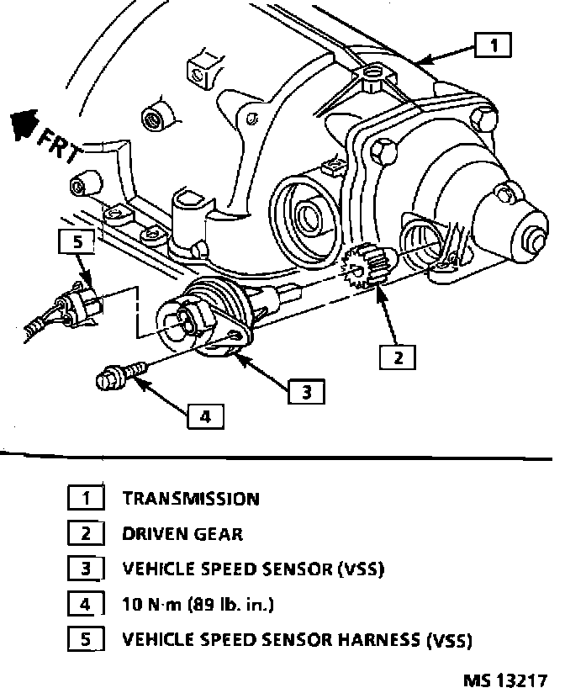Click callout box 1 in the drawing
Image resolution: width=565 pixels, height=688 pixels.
493,45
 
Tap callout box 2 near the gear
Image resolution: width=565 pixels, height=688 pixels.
397,357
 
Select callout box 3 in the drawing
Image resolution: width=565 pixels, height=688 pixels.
306,390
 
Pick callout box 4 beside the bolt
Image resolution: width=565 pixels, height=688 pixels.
205,415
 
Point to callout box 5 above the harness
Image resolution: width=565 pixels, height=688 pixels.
77,242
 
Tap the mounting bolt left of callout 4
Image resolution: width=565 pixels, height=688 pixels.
117,375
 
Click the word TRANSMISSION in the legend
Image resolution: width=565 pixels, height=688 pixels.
191,499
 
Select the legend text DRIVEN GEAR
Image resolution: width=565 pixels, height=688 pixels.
182,534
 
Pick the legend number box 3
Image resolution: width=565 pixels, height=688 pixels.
86,569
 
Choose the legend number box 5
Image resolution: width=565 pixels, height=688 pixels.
86,640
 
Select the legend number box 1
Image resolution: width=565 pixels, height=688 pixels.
86,499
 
